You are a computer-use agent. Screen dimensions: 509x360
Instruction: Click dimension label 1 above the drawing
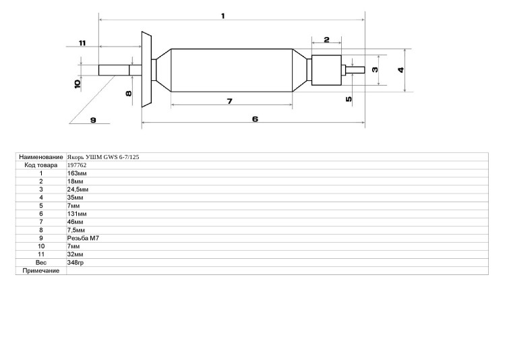pos(222,16)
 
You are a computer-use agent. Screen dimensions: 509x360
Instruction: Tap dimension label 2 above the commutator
pos(326,40)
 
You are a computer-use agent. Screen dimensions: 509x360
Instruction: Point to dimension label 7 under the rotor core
pos(229,102)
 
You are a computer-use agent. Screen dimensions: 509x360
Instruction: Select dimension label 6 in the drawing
pos(255,119)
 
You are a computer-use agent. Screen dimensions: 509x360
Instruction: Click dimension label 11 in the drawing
pos(82,43)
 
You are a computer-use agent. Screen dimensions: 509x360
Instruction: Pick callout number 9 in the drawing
pos(93,120)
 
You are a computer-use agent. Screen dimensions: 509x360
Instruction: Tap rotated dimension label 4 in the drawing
pos(401,69)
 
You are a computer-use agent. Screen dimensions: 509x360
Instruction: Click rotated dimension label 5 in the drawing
pos(349,99)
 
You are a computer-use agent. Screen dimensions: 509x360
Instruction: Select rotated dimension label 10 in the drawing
pos(78,84)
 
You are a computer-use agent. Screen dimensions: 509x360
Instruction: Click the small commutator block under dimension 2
pos(326,70)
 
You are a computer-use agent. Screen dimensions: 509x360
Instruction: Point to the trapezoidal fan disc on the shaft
pos(146,69)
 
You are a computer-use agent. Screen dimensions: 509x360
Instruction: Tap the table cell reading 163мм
pos(77,173)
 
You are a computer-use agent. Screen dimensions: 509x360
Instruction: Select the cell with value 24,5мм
pos(78,189)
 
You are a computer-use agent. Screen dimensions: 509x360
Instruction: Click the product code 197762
pos(77,165)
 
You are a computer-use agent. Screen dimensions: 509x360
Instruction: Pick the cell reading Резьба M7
pos(83,238)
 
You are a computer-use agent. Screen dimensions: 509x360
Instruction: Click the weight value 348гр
pos(76,263)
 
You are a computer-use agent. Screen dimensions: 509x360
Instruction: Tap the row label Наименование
pos(41,157)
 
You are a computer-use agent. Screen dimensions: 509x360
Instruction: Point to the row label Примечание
pos(41,271)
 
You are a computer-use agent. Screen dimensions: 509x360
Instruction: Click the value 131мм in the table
pos(77,214)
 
